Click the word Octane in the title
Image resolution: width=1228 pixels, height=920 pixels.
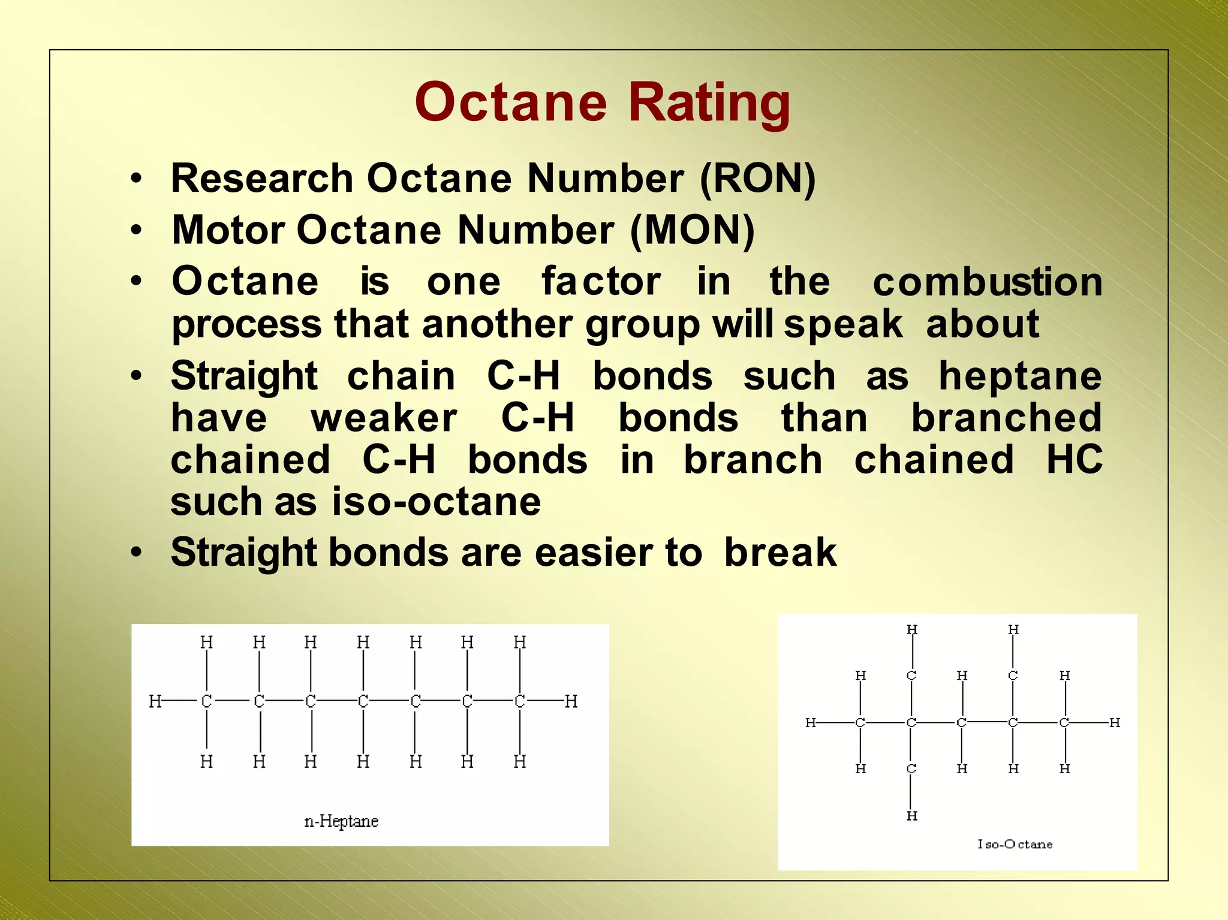[510, 102]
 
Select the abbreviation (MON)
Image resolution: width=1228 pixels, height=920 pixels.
[692, 230]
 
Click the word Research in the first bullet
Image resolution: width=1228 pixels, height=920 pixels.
[262, 179]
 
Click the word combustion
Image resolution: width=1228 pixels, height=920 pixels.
[987, 282]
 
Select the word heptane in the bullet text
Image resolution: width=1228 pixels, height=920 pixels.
[1020, 376]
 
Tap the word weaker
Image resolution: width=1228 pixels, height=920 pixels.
[384, 418]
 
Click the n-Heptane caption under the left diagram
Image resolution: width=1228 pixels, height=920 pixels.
[341, 821]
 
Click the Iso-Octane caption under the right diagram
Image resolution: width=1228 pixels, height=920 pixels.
[1015, 844]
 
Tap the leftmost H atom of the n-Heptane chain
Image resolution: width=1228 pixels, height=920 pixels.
[155, 701]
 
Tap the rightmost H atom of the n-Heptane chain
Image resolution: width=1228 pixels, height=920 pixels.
[571, 701]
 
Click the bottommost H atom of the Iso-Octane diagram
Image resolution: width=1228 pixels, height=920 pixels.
[911, 816]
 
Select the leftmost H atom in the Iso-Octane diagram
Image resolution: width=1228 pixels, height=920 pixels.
[810, 723]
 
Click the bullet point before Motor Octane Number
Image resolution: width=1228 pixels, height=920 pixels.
[137, 230]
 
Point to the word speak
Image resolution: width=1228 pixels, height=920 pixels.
[842, 324]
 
